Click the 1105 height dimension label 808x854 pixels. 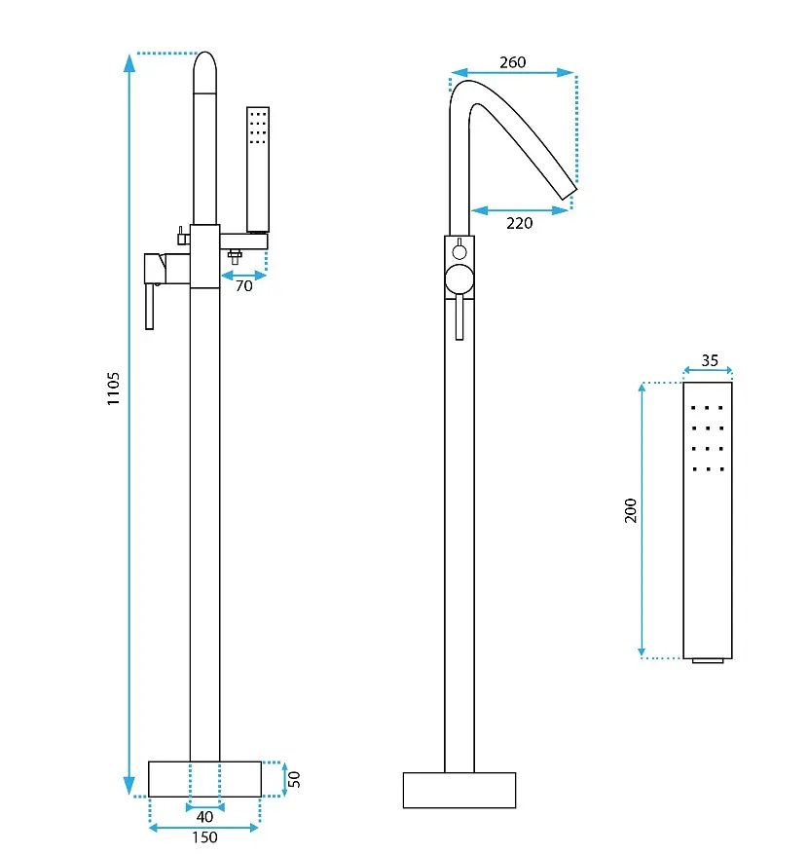click(113, 389)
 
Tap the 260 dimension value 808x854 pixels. click(513, 62)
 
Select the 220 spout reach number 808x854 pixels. click(520, 223)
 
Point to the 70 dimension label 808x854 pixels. click(244, 286)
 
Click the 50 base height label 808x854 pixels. click(293, 779)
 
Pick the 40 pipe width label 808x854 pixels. click(204, 816)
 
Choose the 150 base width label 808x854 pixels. click(204, 837)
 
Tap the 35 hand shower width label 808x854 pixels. click(710, 360)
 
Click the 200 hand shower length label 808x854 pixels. click(631, 510)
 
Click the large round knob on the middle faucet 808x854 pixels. click(459, 279)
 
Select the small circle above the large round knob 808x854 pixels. click(459, 251)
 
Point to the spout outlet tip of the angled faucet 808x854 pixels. click(569, 194)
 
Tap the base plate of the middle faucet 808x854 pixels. click(459, 790)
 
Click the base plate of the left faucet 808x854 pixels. click(204, 779)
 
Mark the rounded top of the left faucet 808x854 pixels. click(204, 72)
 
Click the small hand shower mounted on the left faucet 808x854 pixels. click(258, 169)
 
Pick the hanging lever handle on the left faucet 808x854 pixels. click(149, 307)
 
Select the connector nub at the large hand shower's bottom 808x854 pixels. click(708, 660)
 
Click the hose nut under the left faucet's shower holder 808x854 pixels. click(235, 256)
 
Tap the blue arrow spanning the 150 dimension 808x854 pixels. click(203, 828)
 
